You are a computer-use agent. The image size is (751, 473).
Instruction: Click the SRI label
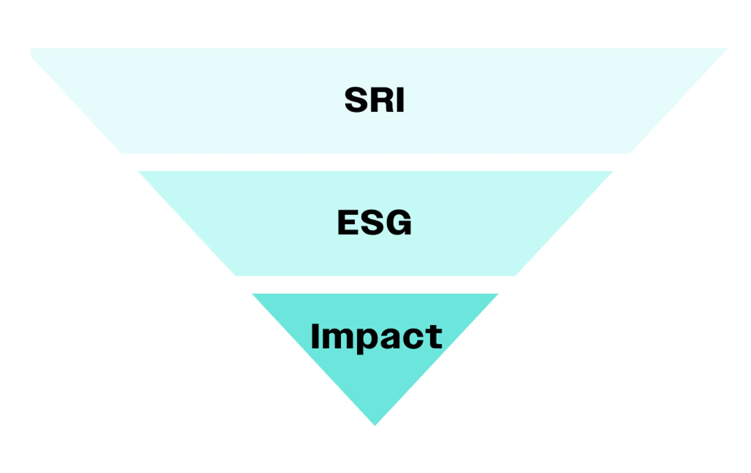[x=374, y=99]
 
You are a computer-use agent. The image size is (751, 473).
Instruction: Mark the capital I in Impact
[x=315, y=336]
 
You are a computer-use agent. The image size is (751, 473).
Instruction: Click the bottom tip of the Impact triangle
[x=375, y=424]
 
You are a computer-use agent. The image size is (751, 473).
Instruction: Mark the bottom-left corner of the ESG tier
[x=236, y=275]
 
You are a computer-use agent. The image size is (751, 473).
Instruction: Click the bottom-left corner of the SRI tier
[x=121, y=153]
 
